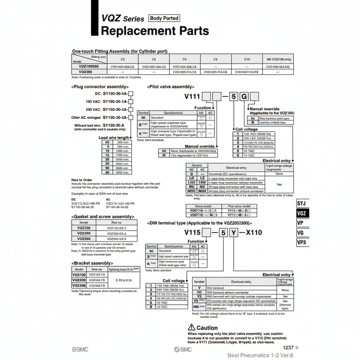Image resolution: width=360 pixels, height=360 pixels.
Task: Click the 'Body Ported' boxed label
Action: pyautogui.click(x=164, y=18)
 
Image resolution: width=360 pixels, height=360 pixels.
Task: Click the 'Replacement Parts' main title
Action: pyautogui.click(x=155, y=31)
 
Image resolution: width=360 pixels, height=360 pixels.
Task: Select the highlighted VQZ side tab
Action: pyautogui.click(x=303, y=213)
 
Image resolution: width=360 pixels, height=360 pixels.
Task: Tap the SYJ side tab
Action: pyautogui.click(x=303, y=204)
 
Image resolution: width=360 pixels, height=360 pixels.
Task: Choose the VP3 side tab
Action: pyautogui.click(x=303, y=242)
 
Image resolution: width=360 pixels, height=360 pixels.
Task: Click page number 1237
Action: pyautogui.click(x=288, y=348)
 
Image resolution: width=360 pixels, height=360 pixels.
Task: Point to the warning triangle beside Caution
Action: pyautogui.click(x=192, y=327)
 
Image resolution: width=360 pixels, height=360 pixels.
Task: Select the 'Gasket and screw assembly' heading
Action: pyautogui.click(x=102, y=217)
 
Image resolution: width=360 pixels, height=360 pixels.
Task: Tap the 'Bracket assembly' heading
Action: pyautogui.click(x=92, y=263)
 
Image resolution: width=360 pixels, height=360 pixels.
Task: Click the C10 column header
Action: pyautogui.click(x=247, y=59)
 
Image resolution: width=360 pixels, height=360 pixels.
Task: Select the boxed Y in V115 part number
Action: pyautogui.click(x=233, y=232)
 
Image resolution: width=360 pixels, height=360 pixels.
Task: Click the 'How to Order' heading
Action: pyautogui.click(x=82, y=180)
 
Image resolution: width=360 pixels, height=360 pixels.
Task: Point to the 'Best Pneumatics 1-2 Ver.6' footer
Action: pyautogui.click(x=260, y=355)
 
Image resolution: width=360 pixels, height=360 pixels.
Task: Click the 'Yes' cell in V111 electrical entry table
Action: pyautogui.click(x=279, y=184)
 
